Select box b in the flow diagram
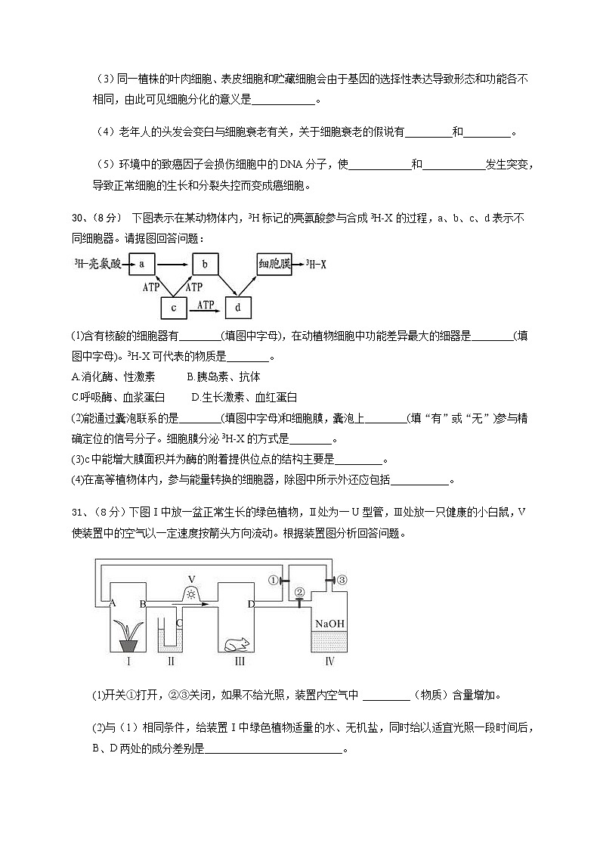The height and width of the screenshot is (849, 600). (x=205, y=264)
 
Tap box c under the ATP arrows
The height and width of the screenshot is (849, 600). (x=174, y=308)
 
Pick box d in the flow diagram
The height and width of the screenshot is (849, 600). (x=238, y=308)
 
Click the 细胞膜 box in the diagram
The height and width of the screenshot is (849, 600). (x=274, y=264)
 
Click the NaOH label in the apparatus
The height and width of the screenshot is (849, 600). (x=329, y=624)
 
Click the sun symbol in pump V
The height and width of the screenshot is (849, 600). (x=191, y=594)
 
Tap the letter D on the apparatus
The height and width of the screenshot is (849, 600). (x=251, y=603)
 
